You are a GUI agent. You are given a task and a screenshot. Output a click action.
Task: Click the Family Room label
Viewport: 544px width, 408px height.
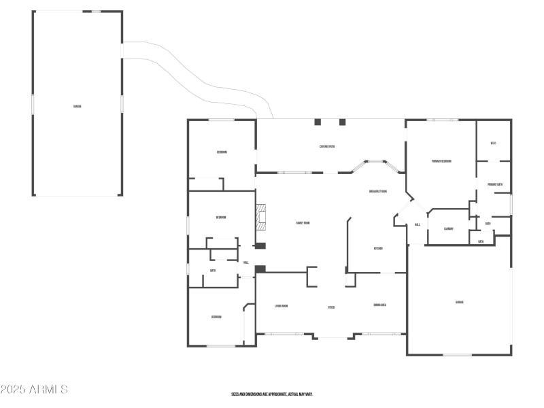pyautogui.click(x=303, y=223)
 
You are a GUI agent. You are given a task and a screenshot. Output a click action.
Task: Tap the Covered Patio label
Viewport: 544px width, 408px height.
pyautogui.click(x=327, y=147)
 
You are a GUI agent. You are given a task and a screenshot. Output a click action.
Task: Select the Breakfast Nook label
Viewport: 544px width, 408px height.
pyautogui.click(x=378, y=191)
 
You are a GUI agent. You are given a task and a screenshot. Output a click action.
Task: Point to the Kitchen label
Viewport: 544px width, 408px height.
pyautogui.click(x=378, y=248)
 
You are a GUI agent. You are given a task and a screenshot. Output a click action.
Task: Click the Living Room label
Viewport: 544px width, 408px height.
pyautogui.click(x=281, y=306)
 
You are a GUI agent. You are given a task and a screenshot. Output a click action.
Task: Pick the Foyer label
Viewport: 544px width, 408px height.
pyautogui.click(x=331, y=307)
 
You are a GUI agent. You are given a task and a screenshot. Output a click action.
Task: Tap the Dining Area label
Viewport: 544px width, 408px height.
pyautogui.click(x=380, y=305)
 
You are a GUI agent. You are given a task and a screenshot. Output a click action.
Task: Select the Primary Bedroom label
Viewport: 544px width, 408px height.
pyautogui.click(x=441, y=161)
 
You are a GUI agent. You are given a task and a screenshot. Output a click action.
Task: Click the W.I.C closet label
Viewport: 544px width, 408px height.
pyautogui.click(x=493, y=143)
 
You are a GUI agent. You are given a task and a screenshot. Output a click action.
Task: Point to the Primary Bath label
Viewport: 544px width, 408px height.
pyautogui.click(x=494, y=184)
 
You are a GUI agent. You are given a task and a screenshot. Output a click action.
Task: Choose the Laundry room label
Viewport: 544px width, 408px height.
pyautogui.click(x=449, y=228)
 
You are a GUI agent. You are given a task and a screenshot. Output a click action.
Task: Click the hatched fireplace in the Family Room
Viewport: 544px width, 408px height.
pyautogui.click(x=261, y=216)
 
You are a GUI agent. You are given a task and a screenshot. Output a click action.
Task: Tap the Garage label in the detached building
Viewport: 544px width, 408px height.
pyautogui.click(x=78, y=106)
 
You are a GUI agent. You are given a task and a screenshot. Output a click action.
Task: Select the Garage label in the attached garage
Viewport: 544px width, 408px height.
pyautogui.click(x=460, y=302)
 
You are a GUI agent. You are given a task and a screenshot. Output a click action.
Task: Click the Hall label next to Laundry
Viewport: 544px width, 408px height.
pyautogui.click(x=417, y=224)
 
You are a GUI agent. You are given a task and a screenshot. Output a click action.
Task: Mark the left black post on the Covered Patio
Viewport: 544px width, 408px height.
pyautogui.click(x=318, y=122)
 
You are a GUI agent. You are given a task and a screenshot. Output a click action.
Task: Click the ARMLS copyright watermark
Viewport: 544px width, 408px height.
pyautogui.click(x=34, y=390)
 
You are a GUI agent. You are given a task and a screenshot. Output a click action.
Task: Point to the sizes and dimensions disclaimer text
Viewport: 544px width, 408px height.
pyautogui.click(x=272, y=394)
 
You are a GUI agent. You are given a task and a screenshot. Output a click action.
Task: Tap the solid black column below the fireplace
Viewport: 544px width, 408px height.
pyautogui.click(x=260, y=245)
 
